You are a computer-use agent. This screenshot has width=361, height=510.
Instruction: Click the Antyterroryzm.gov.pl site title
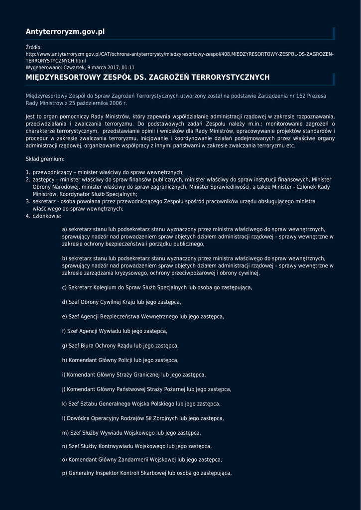pos(65,32)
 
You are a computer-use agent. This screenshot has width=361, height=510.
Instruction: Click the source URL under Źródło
pos(179,54)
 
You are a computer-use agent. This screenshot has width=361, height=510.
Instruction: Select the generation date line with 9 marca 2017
pos(80,67)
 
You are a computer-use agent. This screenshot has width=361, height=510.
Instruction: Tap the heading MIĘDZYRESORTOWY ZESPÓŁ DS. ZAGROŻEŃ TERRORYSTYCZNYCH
pos(147,77)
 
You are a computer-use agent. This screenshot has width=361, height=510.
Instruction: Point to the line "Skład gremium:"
pos(45,159)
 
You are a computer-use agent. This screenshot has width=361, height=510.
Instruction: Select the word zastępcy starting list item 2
pos(43,179)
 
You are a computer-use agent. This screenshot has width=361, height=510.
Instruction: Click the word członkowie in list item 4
pos(47,217)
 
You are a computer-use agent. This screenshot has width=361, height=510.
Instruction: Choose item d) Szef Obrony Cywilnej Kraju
pos(121,302)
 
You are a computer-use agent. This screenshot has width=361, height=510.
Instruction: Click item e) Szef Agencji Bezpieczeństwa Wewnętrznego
pos(143,317)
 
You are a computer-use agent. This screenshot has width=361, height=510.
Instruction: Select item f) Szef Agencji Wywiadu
pos(115,331)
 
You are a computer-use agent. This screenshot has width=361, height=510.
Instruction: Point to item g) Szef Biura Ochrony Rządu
pos(120,346)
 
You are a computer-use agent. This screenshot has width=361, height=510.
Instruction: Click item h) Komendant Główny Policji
pos(120,360)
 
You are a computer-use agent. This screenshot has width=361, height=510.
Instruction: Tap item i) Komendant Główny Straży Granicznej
pos(134,375)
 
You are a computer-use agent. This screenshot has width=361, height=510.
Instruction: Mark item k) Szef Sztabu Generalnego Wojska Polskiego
pos(141,404)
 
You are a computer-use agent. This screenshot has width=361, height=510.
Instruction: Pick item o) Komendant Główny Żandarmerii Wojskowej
pos(142,460)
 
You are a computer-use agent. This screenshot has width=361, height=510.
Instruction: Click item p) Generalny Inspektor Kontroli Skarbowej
pos(147,473)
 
